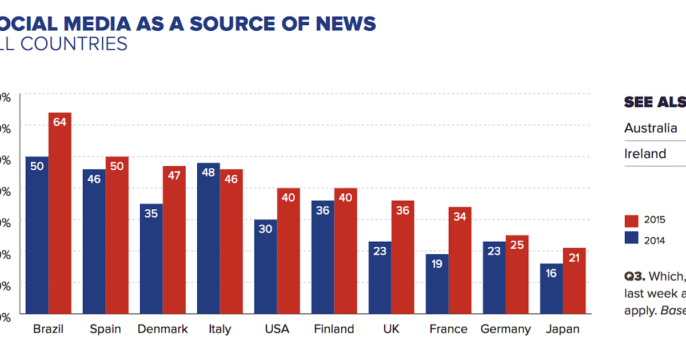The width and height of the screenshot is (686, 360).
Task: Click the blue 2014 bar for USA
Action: pos(266,269)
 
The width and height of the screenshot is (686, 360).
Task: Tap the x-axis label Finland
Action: pos(334,329)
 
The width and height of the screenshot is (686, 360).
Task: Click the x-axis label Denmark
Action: pos(162,329)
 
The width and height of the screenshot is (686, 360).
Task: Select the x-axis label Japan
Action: pos(563,329)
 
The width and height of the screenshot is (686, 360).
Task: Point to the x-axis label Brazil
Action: pos(48,329)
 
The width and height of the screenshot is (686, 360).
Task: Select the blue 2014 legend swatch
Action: pos(631,238)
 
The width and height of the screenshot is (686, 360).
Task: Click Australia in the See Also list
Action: pos(651,128)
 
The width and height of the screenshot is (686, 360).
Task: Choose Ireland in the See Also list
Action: pos(645,154)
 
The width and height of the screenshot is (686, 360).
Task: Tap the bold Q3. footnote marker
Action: pos(635,277)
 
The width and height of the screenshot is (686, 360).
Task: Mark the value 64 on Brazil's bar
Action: pos(60,122)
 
